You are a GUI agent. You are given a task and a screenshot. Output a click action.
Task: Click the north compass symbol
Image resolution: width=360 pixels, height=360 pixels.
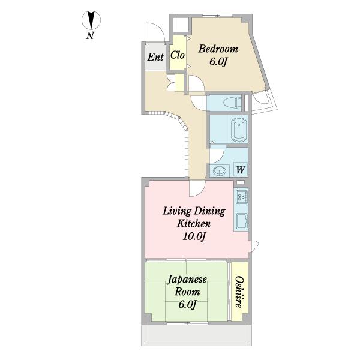click(91, 20)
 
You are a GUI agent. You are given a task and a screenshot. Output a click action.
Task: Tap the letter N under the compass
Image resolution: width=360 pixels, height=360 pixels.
click(90, 35)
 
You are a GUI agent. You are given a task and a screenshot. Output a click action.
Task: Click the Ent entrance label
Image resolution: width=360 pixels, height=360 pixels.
click(155, 57)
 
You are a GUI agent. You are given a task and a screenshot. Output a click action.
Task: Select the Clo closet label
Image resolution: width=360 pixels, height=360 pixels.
click(178, 55)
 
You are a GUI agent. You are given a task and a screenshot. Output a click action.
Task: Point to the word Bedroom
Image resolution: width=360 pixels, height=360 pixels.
click(218, 49)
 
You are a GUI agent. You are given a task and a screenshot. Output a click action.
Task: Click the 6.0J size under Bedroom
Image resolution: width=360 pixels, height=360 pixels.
click(218, 62)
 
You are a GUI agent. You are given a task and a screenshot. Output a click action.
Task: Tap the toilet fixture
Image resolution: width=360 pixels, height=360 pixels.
click(234, 101)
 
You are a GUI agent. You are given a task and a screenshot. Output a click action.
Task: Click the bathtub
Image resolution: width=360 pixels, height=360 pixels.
click(239, 130)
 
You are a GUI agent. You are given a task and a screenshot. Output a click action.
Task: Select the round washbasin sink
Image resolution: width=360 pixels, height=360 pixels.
click(219, 170)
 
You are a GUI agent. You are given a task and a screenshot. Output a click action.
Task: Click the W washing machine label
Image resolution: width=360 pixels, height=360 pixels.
click(241, 170)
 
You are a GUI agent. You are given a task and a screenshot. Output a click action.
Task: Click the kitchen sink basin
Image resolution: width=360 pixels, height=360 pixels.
click(241, 221)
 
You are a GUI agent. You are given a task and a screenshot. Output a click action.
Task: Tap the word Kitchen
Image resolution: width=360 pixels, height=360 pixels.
click(194, 224)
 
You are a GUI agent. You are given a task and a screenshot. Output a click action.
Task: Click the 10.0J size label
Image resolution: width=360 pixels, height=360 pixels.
click(194, 236)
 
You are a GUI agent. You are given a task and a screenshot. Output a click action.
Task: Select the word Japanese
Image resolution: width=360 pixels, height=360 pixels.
click(187, 280)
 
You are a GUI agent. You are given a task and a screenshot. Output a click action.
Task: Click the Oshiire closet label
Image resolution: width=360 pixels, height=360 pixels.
click(239, 292)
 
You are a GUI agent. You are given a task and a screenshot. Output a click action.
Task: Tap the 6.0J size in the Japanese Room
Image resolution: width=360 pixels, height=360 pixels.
click(187, 305)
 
